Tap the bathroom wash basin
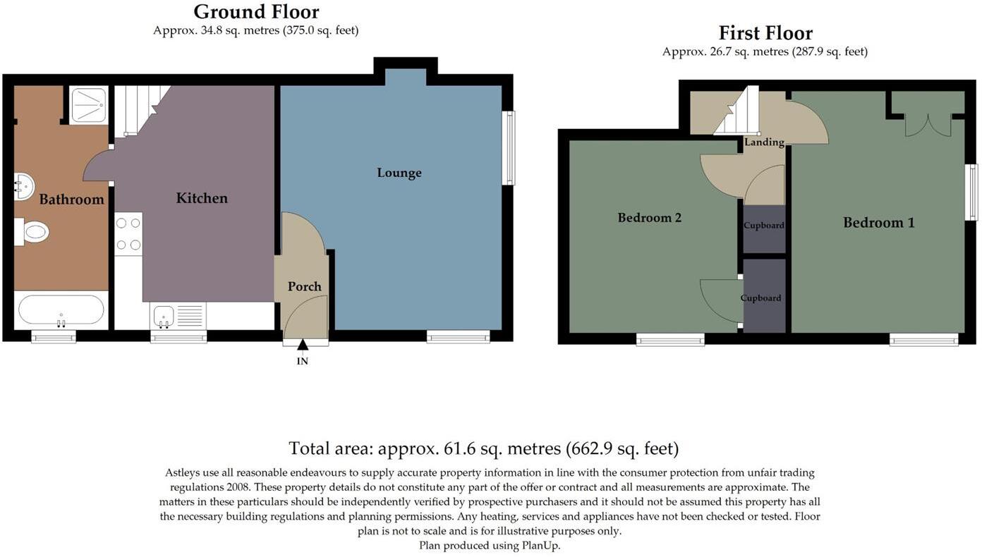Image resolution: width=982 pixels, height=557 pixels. (x=24, y=186)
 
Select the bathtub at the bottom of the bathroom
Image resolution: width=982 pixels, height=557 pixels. (x=61, y=310)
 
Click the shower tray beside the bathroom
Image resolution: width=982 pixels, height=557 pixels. (x=89, y=105)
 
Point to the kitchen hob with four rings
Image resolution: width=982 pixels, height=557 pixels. (x=128, y=234)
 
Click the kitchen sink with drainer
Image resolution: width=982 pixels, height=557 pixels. (x=178, y=316)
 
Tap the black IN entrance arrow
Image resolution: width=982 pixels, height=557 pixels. (x=303, y=345)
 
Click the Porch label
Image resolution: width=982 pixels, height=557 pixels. (x=305, y=286)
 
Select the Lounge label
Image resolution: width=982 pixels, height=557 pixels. (x=399, y=173)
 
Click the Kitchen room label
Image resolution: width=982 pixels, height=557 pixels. (x=202, y=198)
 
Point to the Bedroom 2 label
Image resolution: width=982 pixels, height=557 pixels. (x=650, y=218)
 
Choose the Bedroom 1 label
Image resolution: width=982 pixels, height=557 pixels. (x=879, y=223)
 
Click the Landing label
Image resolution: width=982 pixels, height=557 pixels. (x=764, y=142)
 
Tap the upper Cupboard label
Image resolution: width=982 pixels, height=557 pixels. (x=764, y=225)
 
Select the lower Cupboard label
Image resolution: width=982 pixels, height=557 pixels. (x=760, y=298)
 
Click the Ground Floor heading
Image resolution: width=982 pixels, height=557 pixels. (x=257, y=12)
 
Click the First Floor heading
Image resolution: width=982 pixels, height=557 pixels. (x=765, y=33)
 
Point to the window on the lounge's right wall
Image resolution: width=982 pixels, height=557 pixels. (x=509, y=147)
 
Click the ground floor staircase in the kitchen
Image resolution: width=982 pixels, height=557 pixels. (x=141, y=111)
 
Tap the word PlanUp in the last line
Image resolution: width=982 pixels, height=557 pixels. (x=540, y=546)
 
